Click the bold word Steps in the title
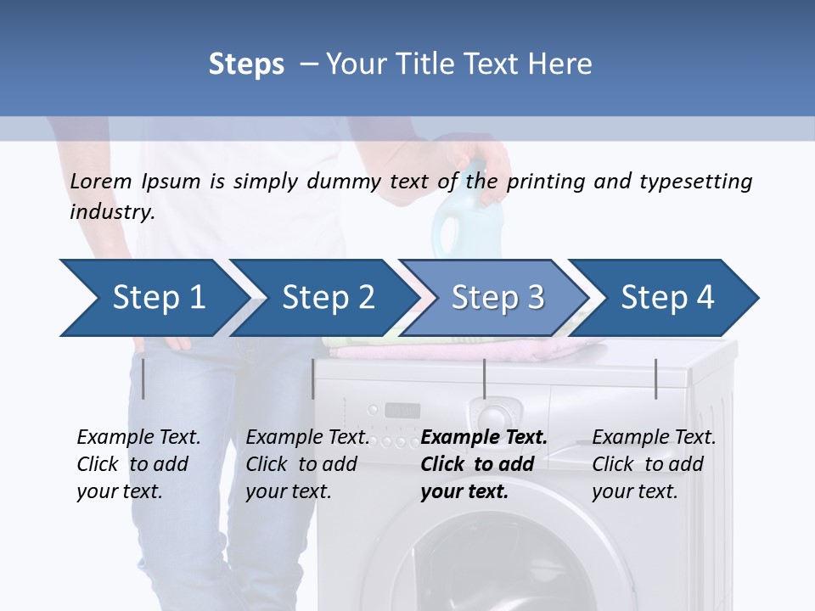point(246,64)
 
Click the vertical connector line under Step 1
point(143,378)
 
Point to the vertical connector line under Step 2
point(313,378)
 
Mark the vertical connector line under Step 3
point(485,378)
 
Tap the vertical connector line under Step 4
point(656,378)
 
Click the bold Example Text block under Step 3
point(484,464)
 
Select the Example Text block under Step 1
point(138,464)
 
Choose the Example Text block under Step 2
point(307,464)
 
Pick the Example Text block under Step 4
point(654,464)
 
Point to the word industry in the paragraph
point(111,211)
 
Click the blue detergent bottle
point(458,221)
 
